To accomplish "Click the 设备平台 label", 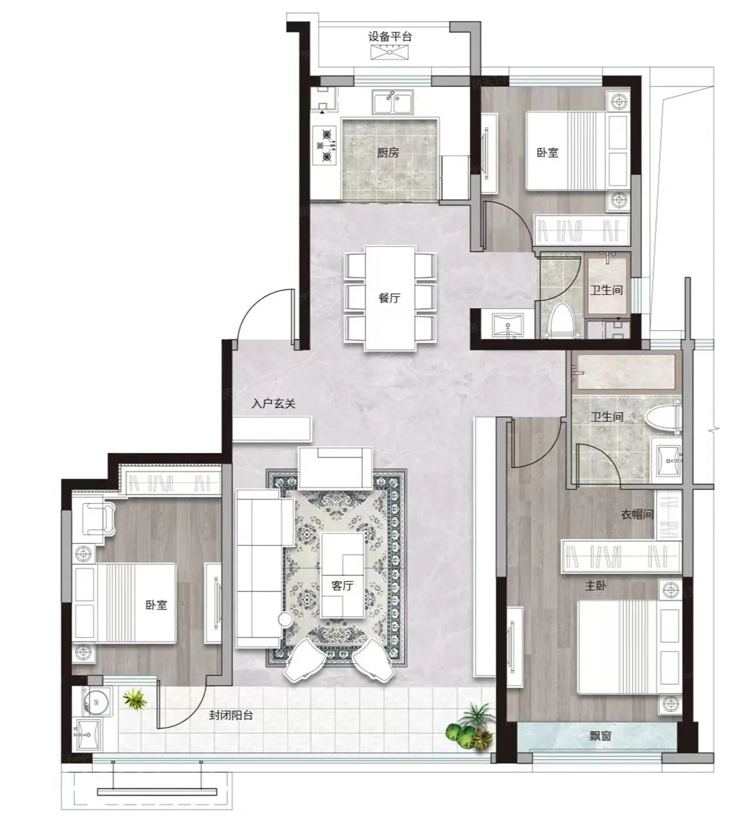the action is (x=390, y=37).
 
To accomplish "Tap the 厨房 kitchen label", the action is (x=388, y=153).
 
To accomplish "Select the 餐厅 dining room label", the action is (x=390, y=298).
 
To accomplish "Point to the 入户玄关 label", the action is (x=273, y=403).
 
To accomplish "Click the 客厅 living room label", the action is (x=342, y=585).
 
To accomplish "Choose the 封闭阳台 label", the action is (x=231, y=715).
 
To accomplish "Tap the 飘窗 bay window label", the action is (x=600, y=735).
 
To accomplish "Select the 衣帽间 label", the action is (x=637, y=514).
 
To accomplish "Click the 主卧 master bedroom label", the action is (x=595, y=586).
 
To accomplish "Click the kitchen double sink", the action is (x=393, y=102).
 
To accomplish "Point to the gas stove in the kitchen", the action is (x=326, y=145).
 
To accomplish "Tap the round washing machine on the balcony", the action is (x=97, y=703).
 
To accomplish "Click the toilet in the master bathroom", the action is (x=663, y=418).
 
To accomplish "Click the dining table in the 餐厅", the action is (x=390, y=298).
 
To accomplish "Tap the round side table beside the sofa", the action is (x=286, y=619).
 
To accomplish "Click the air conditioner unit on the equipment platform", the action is (x=391, y=51).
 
